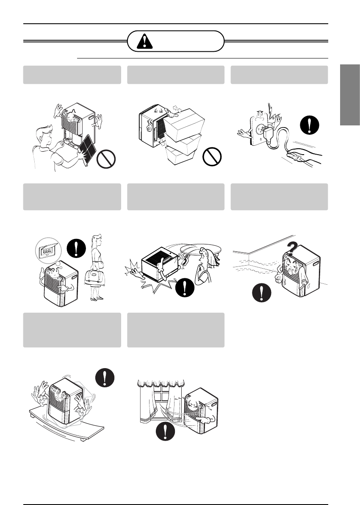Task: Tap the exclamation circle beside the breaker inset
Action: (76, 248)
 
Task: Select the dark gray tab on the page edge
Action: (349, 94)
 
